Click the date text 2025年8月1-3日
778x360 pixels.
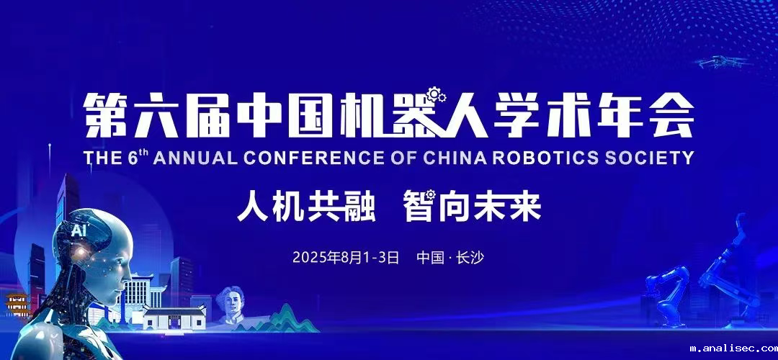346,257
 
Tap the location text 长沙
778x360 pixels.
471,257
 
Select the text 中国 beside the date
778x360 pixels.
430,257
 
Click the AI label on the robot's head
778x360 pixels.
77,230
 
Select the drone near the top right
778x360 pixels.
720,62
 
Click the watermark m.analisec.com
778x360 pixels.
732,348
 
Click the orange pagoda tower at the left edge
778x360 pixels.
16,305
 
